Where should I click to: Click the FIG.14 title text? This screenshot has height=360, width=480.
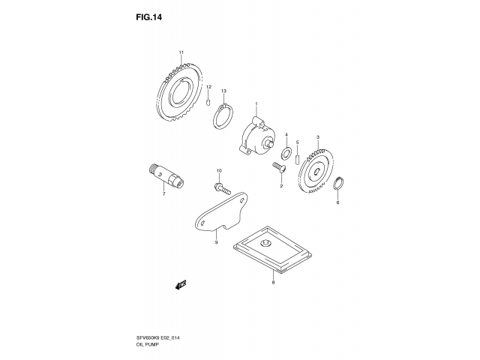pyautogui.click(x=148, y=17)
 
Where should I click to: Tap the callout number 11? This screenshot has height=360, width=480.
pyautogui.click(x=181, y=52)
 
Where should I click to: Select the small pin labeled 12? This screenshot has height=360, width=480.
pyautogui.click(x=208, y=102)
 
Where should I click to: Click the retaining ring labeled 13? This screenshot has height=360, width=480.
pyautogui.click(x=223, y=117)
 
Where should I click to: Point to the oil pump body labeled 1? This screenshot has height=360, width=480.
pyautogui.click(x=256, y=136)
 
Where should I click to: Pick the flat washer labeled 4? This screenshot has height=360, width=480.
pyautogui.click(x=286, y=153)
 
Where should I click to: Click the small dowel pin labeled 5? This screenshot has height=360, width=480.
pyautogui.click(x=297, y=160)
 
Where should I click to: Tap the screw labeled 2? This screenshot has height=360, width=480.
pyautogui.click(x=279, y=167)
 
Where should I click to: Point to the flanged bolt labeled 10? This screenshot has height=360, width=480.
pyautogui.click(x=222, y=188)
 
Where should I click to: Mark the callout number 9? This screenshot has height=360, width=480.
pyautogui.click(x=216, y=242)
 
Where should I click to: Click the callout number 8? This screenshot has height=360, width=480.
pyautogui.click(x=273, y=282)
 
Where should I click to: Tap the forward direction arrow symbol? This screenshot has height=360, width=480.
pyautogui.click(x=181, y=284)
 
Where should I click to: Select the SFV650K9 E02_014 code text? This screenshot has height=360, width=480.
pyautogui.click(x=157, y=338)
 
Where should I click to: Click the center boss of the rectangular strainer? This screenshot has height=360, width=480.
pyautogui.click(x=265, y=244)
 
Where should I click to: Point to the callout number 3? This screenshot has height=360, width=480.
pyautogui.click(x=318, y=136)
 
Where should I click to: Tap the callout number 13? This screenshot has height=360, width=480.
pyautogui.click(x=223, y=91)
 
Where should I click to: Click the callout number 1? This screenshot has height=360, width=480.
pyautogui.click(x=256, y=103)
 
